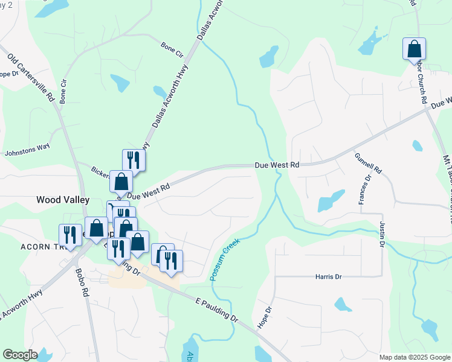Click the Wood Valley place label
63,199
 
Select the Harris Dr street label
329,276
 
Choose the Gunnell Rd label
369,163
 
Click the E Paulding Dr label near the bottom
217,310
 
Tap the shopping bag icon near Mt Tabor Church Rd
415,48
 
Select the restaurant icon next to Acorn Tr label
70,235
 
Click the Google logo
20,355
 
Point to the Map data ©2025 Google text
414,357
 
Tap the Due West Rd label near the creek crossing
277,165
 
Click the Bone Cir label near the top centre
172,48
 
